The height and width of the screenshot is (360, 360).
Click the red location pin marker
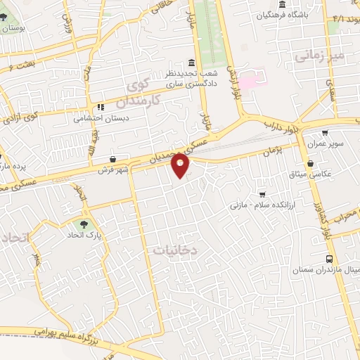pyautogui.click(x=181, y=165)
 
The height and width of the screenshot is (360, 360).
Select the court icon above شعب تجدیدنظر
pyautogui.click(x=192, y=62)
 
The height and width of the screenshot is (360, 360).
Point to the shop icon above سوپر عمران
pyautogui.click(x=324, y=132)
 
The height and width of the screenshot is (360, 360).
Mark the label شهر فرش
pyautogui.click(x=113, y=169)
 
